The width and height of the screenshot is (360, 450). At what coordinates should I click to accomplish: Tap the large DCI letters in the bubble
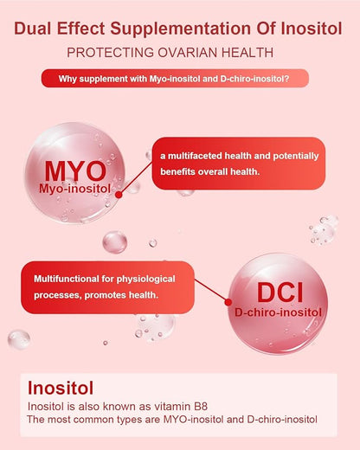tap(278, 291)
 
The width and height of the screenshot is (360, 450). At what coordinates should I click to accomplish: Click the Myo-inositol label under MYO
tap(79, 189)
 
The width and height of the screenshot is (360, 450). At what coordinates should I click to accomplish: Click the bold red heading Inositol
tap(61, 388)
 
